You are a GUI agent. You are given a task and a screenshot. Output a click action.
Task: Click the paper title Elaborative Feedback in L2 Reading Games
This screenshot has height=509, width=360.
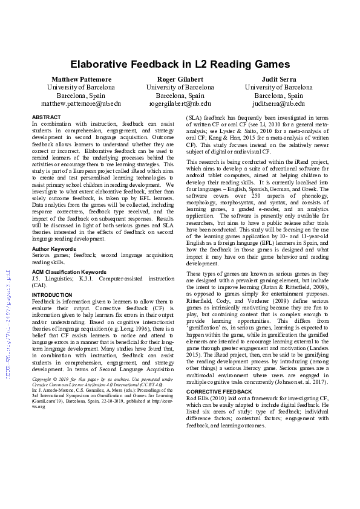click(180, 63)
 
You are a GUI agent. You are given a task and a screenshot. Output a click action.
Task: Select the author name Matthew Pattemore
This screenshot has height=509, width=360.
click(81, 79)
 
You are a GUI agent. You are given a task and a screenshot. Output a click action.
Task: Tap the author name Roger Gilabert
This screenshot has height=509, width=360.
click(180, 79)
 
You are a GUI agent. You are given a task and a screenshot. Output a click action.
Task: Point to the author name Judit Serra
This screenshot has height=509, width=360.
click(278, 79)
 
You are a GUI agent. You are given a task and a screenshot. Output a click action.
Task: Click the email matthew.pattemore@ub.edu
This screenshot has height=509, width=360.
click(81, 103)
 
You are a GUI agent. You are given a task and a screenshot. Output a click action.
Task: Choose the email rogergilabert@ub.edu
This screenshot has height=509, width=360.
click(180, 103)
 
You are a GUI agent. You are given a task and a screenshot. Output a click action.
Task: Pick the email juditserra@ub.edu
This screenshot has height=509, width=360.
click(278, 103)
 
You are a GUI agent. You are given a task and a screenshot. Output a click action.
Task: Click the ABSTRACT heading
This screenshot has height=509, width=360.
click(46, 117)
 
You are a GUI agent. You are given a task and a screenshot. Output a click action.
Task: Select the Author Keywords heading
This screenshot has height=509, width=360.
click(54, 248)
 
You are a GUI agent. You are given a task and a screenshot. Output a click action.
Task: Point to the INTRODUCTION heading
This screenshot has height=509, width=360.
click(51, 295)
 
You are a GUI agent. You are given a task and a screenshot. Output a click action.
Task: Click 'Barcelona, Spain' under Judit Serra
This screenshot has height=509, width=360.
click(278, 96)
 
